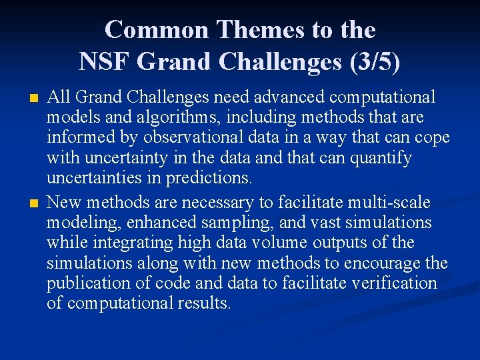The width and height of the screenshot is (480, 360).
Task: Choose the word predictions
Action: [209, 179]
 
